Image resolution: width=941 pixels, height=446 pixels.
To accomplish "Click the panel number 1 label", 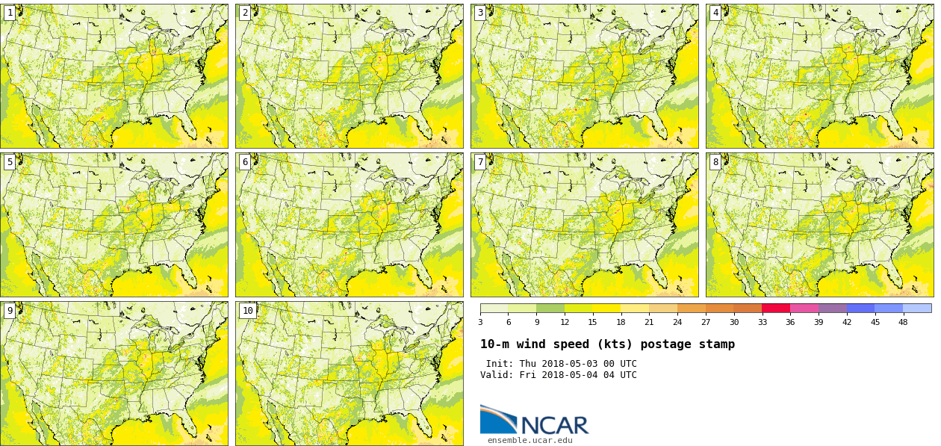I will click(10, 13).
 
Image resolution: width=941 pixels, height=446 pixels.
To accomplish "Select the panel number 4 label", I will click(715, 13).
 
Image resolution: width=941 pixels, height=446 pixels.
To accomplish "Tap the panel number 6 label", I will click(245, 162).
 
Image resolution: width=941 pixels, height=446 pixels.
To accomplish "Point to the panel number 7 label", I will click(480, 162).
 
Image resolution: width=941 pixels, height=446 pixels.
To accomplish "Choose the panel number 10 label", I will click(247, 311).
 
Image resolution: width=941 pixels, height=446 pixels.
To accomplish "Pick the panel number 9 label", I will click(10, 311).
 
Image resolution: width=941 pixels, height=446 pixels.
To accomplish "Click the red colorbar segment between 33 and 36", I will click(776, 308).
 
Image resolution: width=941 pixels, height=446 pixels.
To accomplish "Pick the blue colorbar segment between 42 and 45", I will click(860, 308).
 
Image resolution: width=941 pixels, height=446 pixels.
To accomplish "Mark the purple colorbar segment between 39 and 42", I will click(833, 308).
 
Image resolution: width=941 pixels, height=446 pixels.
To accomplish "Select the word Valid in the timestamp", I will click(495, 375).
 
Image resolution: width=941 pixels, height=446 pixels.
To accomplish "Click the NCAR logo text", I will click(554, 425).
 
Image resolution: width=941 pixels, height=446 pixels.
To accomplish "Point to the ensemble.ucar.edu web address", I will click(530, 441).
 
